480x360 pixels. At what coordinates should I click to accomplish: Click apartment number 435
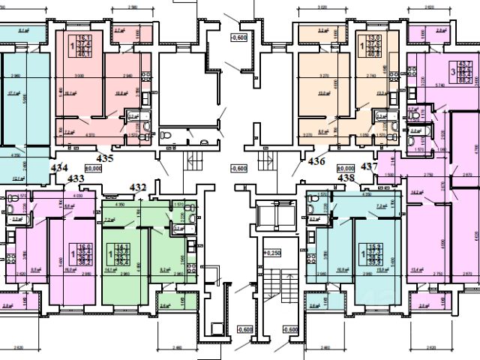point(105,158)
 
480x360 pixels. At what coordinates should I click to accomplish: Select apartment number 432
point(138,187)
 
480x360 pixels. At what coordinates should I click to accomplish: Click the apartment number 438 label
point(346,178)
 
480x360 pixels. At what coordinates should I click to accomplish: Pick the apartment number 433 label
point(75,178)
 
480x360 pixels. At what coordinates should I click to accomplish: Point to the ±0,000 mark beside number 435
point(92,169)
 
